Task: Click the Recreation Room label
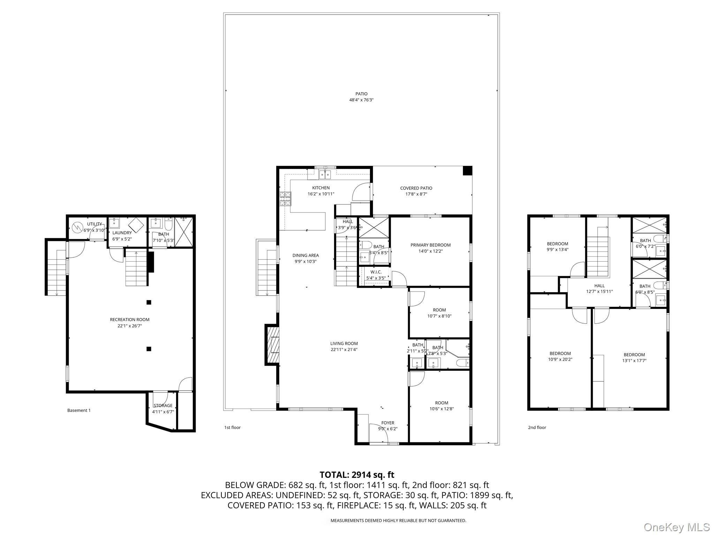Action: (x=130, y=319)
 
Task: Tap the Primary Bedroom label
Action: (x=431, y=245)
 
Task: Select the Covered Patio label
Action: (x=416, y=188)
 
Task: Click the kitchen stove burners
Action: (x=285, y=199)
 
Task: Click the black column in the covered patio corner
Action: (x=467, y=171)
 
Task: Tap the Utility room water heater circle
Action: (x=76, y=228)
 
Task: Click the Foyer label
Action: (x=388, y=423)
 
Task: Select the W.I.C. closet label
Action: (x=376, y=272)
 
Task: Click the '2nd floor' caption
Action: (x=537, y=427)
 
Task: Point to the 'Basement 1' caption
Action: (x=79, y=410)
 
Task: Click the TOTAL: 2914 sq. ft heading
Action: (x=357, y=474)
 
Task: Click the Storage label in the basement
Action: (x=163, y=405)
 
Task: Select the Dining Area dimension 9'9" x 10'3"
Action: (x=305, y=261)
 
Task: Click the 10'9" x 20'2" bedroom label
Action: (x=560, y=359)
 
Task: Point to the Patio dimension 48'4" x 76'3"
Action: (x=362, y=100)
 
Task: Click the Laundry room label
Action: (x=122, y=233)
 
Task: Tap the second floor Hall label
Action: (x=600, y=286)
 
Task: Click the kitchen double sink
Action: (x=325, y=174)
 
